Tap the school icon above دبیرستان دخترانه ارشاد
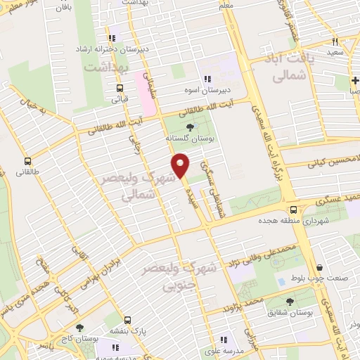point(111,38)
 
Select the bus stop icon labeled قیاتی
point(120,89)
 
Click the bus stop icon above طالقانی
point(27,161)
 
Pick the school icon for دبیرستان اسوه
point(207,79)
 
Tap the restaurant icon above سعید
point(335,41)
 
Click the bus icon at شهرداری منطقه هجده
point(294,210)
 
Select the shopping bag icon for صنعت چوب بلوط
point(321,267)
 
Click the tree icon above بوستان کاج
point(79,328)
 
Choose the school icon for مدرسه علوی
point(224,339)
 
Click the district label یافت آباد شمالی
point(289,70)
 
